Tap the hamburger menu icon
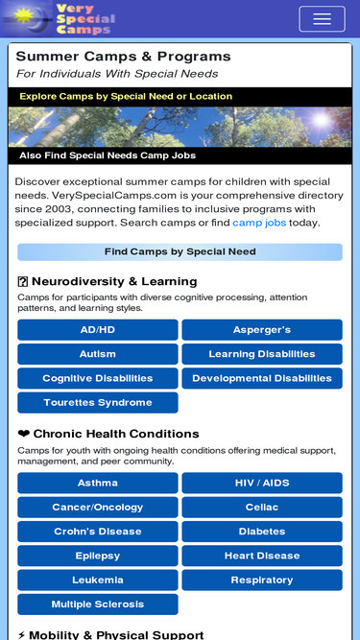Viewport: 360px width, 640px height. (x=322, y=19)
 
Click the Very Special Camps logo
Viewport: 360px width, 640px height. (x=60, y=18)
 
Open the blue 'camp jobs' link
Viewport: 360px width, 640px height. (x=259, y=223)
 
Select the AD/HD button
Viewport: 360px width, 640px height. (x=98, y=330)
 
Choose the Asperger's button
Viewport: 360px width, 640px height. (x=262, y=330)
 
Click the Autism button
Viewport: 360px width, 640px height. (x=98, y=354)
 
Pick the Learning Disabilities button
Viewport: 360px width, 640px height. (x=262, y=354)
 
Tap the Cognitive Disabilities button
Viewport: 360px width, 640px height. (x=98, y=378)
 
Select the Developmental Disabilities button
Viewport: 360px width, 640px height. (x=262, y=378)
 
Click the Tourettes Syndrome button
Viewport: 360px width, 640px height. (x=98, y=403)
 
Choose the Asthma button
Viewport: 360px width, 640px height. (x=98, y=483)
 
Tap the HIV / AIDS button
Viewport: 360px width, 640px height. (x=262, y=483)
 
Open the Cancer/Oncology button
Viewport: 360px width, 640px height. (x=98, y=508)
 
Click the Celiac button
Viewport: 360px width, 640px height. (x=262, y=508)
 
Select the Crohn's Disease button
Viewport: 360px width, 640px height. (x=98, y=532)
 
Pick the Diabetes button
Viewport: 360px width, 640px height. (x=262, y=532)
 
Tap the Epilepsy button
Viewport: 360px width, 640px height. (x=98, y=556)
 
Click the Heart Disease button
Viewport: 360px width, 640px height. (x=262, y=556)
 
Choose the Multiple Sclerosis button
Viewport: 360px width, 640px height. (x=98, y=604)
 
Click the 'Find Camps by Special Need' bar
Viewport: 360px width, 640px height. (x=180, y=252)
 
